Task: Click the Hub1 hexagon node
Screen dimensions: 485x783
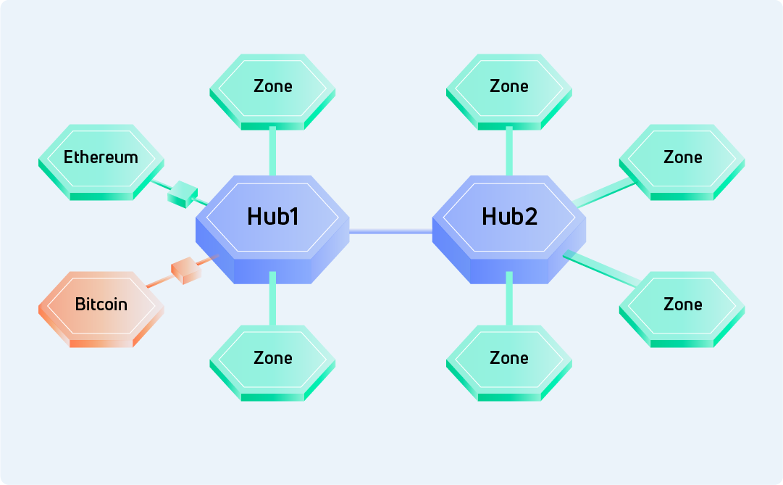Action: (x=272, y=217)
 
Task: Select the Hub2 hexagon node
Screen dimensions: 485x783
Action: (x=509, y=217)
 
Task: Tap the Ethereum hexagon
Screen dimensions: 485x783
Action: (x=100, y=158)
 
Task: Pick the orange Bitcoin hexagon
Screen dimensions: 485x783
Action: (x=101, y=304)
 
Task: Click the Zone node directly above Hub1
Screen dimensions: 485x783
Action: (x=272, y=87)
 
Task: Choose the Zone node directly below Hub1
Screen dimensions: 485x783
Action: (x=272, y=358)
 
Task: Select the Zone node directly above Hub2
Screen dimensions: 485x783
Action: (x=509, y=87)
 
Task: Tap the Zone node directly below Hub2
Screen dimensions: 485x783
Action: (x=509, y=358)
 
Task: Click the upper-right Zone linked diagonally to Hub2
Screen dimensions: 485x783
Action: (x=682, y=158)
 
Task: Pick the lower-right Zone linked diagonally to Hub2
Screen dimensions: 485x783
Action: (x=682, y=304)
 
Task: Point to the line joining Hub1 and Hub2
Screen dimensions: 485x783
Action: (x=390, y=231)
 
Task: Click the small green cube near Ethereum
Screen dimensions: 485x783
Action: (x=182, y=194)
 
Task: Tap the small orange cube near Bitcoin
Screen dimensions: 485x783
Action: (x=185, y=271)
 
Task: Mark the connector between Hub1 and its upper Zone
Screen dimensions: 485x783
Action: (x=272, y=151)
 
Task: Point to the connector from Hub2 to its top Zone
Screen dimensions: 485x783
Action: (x=509, y=151)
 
